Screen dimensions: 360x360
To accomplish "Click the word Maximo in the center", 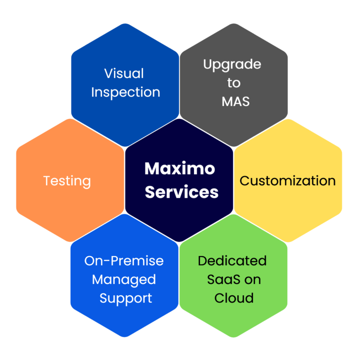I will point(180,169).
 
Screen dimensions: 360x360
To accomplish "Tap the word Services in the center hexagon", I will point(181,192).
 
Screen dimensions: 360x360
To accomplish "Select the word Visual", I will point(124,74).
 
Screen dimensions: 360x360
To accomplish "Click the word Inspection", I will point(126,92).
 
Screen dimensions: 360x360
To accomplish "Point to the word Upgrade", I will point(232,64).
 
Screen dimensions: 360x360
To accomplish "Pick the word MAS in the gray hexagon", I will point(233,101).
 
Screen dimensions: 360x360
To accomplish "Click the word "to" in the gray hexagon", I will point(234,83).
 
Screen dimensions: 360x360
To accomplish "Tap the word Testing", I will point(67,181).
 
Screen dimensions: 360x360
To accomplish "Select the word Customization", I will point(287,181).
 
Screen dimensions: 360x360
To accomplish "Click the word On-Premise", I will point(124,261).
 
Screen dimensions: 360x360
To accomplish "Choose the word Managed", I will point(124,280).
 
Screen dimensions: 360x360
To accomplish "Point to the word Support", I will point(126,299).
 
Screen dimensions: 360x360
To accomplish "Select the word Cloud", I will point(234,298).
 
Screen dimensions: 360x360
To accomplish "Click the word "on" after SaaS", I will point(253,280).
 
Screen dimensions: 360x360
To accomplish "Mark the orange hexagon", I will point(47,206).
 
